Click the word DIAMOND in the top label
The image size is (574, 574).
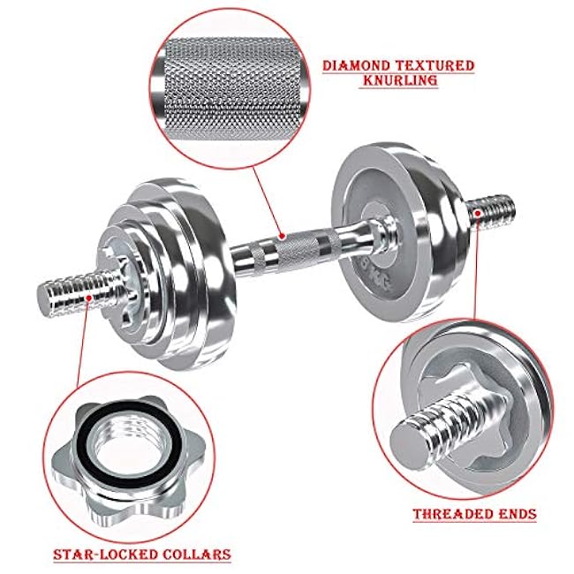pos(355,66)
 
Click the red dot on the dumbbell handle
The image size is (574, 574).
pos(281,236)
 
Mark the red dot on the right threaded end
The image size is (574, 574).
pos(478,212)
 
